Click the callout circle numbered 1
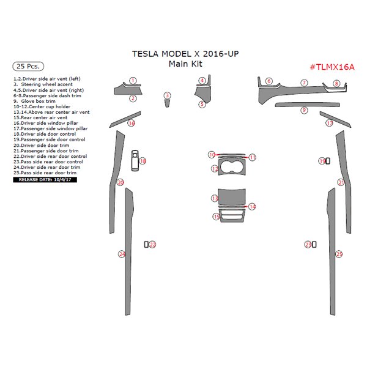(x=133, y=81)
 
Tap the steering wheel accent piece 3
(x=166, y=102)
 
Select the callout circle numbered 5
(x=202, y=105)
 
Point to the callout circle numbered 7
(x=304, y=83)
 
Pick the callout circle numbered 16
(x=131, y=123)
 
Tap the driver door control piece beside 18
(x=135, y=158)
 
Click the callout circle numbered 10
(x=211, y=155)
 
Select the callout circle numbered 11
(x=252, y=157)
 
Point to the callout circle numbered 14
(x=252, y=207)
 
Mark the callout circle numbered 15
(x=217, y=217)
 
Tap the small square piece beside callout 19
(x=328, y=161)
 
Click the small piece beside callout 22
(x=146, y=245)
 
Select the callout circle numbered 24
(x=122, y=253)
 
